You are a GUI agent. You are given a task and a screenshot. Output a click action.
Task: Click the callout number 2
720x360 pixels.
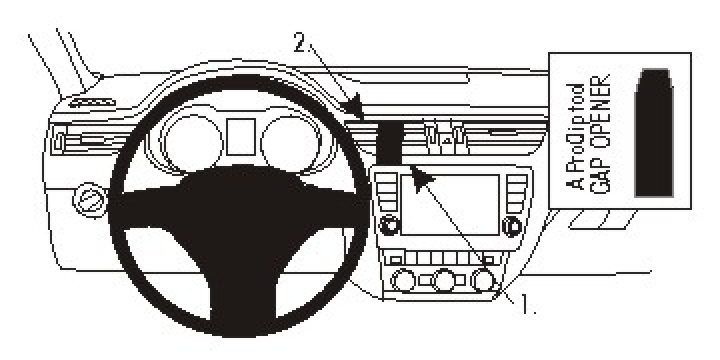(299, 43)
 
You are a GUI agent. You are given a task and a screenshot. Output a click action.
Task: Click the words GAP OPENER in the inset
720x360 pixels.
(603, 140)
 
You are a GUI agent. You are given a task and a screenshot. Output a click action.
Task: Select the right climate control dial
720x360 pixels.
(486, 281)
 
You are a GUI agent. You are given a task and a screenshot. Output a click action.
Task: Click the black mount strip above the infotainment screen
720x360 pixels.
(389, 140)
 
